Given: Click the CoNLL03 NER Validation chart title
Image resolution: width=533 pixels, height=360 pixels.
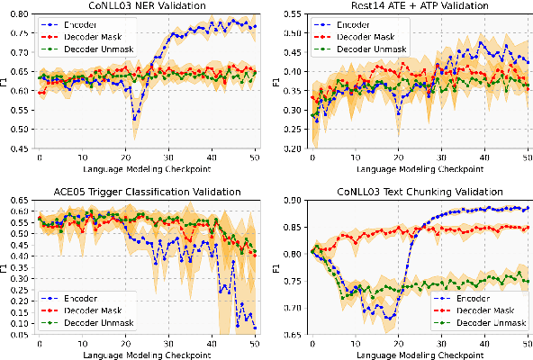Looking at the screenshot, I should [x=148, y=7].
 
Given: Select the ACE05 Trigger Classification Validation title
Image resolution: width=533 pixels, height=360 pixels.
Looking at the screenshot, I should [x=148, y=192].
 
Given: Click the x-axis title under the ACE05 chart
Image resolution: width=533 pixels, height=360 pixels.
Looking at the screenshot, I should [x=148, y=355].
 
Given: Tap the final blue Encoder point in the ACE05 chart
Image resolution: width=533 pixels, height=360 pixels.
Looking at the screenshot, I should [x=254, y=328].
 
